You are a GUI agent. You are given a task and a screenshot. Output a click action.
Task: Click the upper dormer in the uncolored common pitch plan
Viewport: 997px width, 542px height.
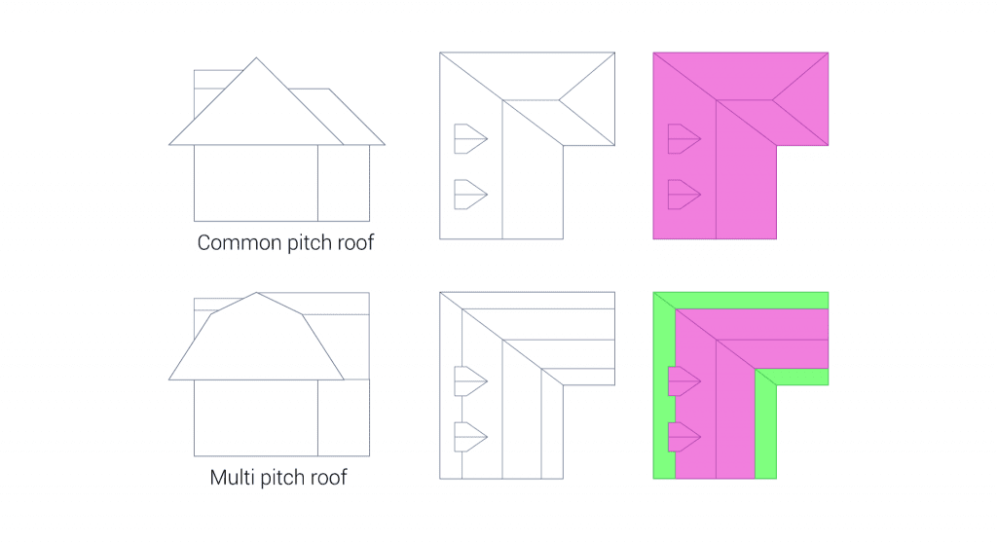pyautogui.click(x=469, y=139)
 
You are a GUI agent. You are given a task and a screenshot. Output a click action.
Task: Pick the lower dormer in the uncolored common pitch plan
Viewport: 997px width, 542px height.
pyautogui.click(x=469, y=195)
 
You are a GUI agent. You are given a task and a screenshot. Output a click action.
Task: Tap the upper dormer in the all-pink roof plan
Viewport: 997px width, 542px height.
pyautogui.click(x=683, y=139)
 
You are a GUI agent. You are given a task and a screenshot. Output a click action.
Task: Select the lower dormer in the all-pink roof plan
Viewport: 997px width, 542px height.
pyautogui.click(x=683, y=195)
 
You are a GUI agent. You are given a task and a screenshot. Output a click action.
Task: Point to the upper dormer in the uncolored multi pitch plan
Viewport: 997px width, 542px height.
pyautogui.click(x=469, y=381)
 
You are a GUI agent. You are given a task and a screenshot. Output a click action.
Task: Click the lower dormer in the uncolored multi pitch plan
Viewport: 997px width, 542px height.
pyautogui.click(x=469, y=438)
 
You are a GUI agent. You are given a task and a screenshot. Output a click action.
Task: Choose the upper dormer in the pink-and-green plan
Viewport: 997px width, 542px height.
pyautogui.click(x=683, y=381)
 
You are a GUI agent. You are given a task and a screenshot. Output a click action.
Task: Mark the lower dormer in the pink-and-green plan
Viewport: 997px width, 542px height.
pyautogui.click(x=683, y=438)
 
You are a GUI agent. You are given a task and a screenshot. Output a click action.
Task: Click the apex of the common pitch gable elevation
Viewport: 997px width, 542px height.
pyautogui.click(x=256, y=57)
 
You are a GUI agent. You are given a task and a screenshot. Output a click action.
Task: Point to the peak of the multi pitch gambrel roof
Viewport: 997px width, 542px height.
pyautogui.click(x=256, y=293)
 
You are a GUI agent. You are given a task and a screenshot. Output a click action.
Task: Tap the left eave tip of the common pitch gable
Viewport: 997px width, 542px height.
pyautogui.click(x=170, y=145)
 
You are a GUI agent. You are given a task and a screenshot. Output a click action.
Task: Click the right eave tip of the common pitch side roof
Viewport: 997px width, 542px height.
pyautogui.click(x=385, y=145)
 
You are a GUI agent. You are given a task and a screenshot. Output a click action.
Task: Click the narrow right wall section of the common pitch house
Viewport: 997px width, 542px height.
pyautogui.click(x=344, y=183)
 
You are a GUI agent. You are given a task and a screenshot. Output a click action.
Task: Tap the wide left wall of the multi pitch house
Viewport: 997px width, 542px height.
pyautogui.click(x=255, y=417)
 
